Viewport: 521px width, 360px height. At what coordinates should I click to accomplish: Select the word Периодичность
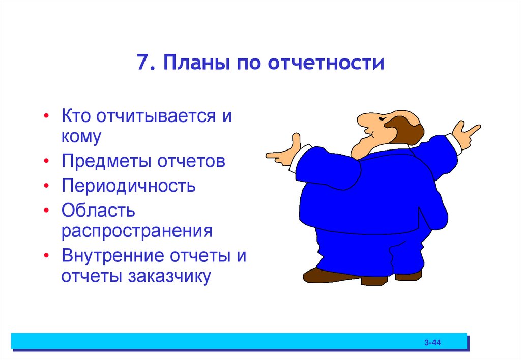click(x=129, y=186)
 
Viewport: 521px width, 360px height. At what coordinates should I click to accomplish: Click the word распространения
click(x=137, y=231)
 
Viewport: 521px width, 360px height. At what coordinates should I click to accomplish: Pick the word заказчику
click(x=171, y=277)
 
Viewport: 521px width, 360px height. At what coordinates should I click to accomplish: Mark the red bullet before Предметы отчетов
click(x=47, y=162)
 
